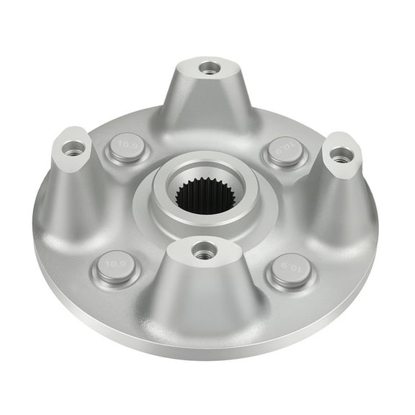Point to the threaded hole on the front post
[202, 251]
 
